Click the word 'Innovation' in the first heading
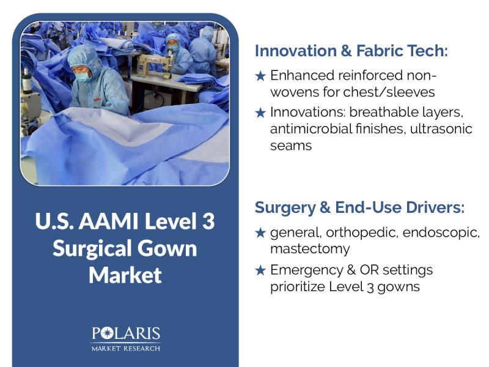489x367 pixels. point(295,51)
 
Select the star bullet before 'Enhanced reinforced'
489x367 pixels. point(260,76)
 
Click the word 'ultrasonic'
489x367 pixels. point(441,128)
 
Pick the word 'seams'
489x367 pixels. point(291,146)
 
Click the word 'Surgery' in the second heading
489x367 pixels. point(285,208)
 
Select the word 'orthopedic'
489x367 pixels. point(362,233)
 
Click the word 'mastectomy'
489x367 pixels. point(310,249)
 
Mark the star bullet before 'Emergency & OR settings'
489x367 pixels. point(260,270)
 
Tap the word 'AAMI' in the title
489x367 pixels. point(108,221)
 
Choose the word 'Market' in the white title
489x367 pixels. point(125,275)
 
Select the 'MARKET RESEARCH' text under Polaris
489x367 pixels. point(126,348)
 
